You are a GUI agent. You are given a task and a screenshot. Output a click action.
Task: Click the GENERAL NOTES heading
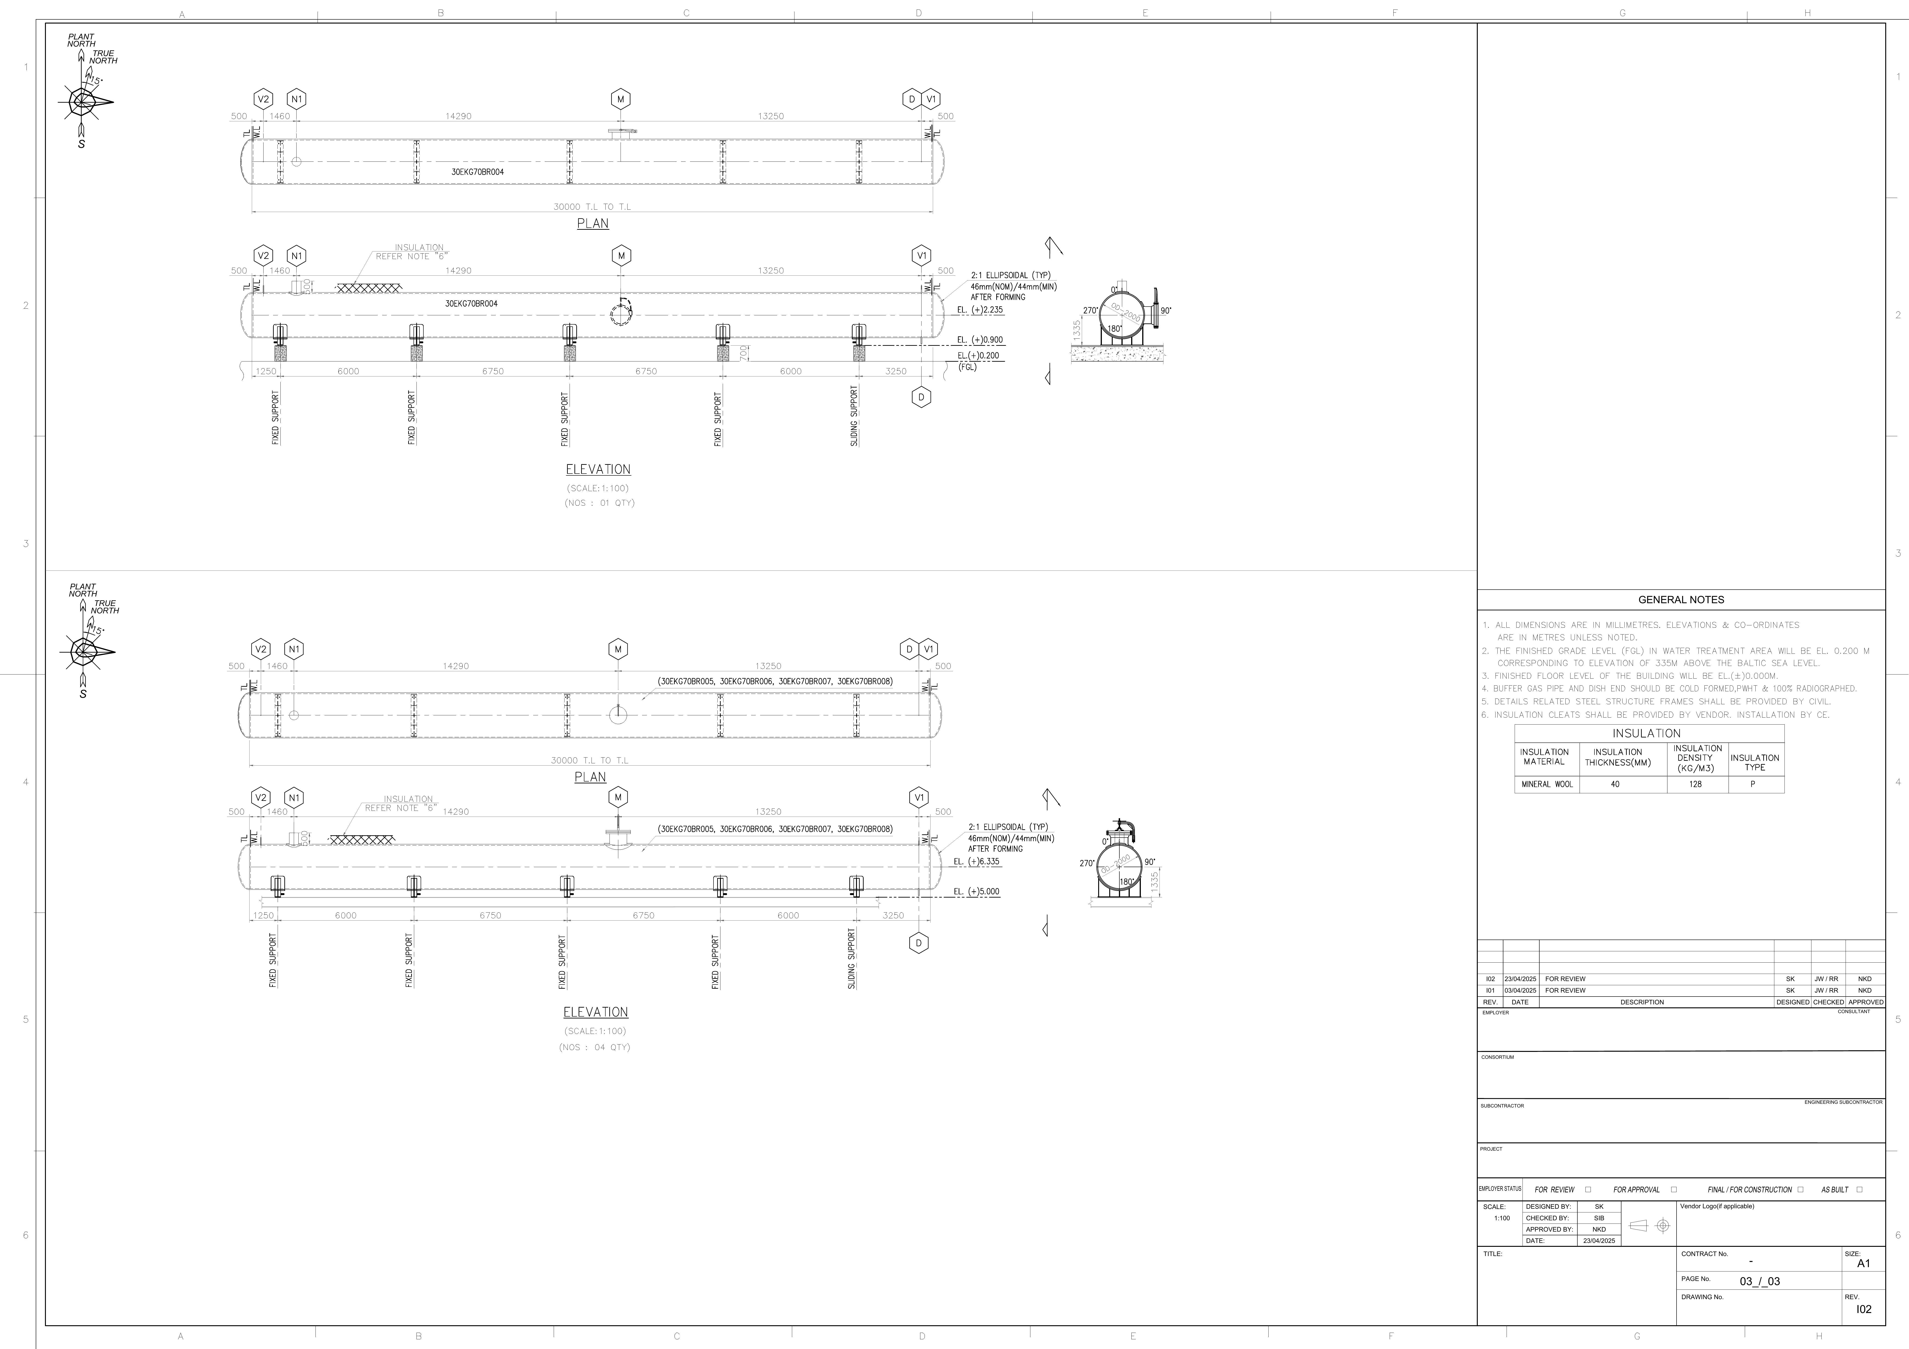click(1680, 600)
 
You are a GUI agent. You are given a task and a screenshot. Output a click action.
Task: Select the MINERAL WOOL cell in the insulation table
click(1546, 784)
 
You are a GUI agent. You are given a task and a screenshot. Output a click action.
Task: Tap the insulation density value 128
click(1695, 784)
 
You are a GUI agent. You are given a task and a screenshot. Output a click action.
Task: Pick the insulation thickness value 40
click(1615, 784)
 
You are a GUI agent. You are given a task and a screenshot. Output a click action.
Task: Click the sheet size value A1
click(1863, 1263)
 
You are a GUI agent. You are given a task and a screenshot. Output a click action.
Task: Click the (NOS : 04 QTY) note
click(595, 1047)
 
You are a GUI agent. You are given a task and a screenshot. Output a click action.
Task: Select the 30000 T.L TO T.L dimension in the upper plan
click(592, 206)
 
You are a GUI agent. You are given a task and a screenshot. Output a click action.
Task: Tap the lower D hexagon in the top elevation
click(921, 397)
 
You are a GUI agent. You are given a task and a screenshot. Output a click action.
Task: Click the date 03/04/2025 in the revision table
click(1520, 991)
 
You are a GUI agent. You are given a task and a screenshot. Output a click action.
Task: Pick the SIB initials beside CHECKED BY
click(1599, 1218)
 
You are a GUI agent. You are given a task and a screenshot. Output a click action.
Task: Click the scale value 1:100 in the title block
click(1502, 1218)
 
